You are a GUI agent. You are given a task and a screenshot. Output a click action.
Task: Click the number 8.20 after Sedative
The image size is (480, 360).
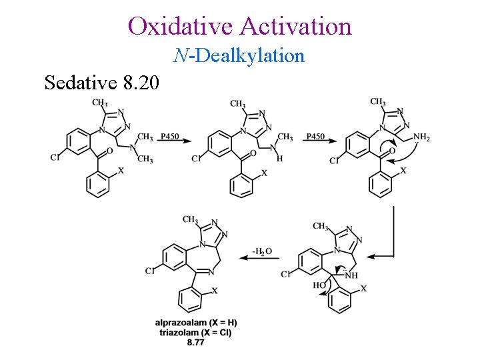(x=141, y=83)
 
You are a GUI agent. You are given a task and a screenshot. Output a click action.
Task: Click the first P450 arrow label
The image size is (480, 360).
(x=169, y=137)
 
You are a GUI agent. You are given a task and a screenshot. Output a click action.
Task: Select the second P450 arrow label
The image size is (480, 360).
(x=315, y=137)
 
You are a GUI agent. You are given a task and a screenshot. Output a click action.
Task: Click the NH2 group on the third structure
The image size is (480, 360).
(x=421, y=138)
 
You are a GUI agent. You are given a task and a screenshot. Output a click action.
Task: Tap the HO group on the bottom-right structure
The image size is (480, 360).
(x=321, y=285)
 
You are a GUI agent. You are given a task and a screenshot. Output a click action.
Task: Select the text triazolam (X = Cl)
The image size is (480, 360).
(x=195, y=332)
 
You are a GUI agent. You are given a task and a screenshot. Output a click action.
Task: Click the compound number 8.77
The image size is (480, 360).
(x=195, y=342)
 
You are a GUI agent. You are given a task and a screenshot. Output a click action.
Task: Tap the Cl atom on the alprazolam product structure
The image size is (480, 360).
(x=149, y=271)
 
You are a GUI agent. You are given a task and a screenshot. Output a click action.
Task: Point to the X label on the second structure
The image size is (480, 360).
(x=264, y=173)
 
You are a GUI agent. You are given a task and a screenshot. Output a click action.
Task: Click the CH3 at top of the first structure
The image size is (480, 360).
(x=100, y=103)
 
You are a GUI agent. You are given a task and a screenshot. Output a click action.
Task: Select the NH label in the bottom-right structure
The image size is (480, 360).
(x=351, y=275)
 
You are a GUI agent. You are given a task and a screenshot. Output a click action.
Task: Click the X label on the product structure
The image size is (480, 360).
(x=215, y=291)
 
